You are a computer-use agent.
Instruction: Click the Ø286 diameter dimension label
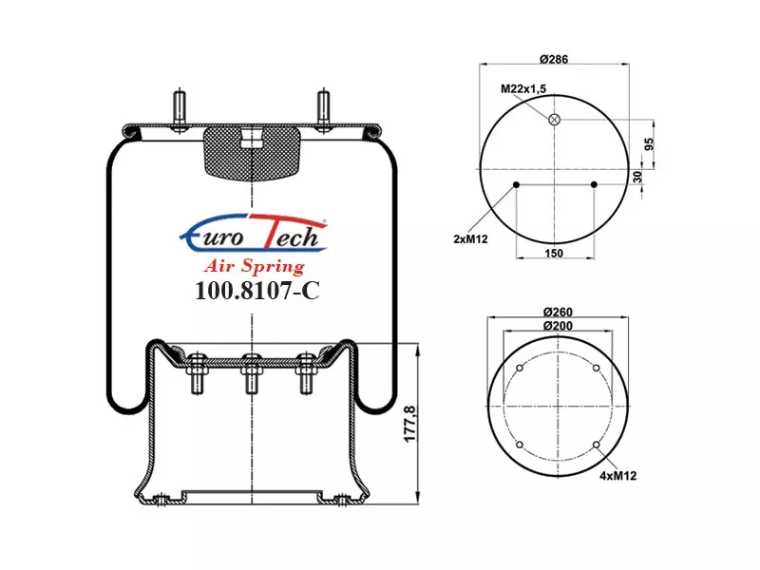[554, 60]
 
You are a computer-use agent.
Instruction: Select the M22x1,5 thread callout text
[523, 88]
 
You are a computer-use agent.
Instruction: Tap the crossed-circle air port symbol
[554, 120]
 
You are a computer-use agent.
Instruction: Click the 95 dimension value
[650, 144]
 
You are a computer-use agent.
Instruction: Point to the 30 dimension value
[637, 177]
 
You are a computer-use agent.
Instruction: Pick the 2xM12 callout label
[470, 239]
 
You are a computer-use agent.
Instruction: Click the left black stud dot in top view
[516, 184]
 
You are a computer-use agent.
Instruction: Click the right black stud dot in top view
[595, 184]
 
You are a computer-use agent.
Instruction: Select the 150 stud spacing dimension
[554, 253]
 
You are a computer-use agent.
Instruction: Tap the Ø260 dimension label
[558, 313]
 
